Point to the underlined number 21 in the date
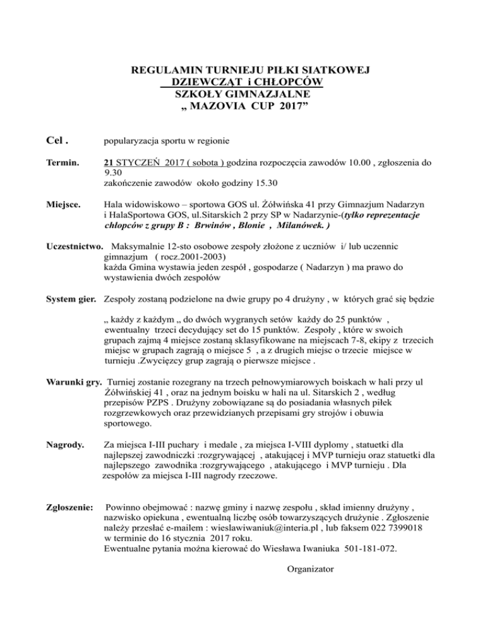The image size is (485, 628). tap(109, 163)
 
